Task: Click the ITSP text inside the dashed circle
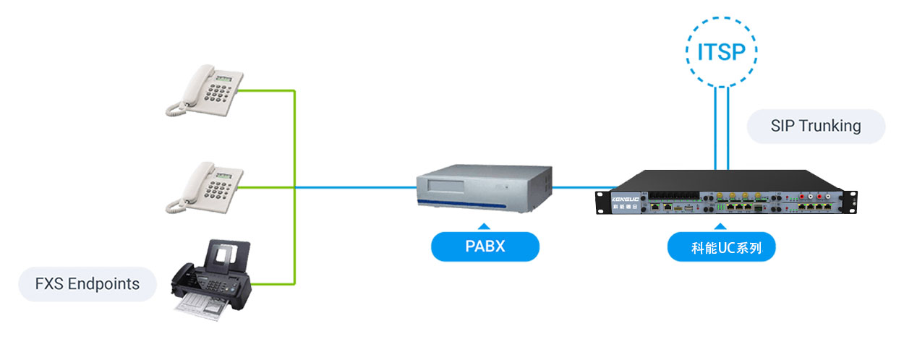tap(720, 53)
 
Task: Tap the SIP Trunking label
tap(816, 126)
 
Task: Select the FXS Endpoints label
tap(88, 284)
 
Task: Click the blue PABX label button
tap(485, 247)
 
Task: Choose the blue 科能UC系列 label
tap(722, 247)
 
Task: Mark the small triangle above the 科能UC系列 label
tap(722, 226)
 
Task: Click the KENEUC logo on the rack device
tap(622, 196)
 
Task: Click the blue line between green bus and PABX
tap(354, 187)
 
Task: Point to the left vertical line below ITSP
tap(715, 130)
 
